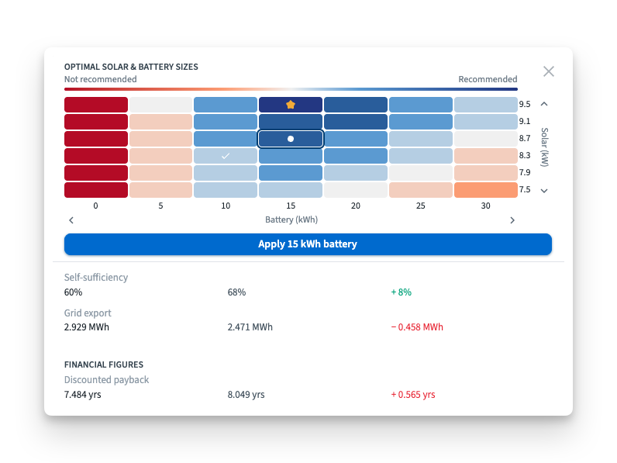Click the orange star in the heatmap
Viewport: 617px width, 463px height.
click(291, 104)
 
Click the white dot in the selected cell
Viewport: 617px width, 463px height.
click(291, 139)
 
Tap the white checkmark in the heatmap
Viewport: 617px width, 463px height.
click(226, 156)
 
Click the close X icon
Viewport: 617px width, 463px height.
click(549, 71)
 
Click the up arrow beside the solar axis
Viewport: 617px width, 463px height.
click(544, 104)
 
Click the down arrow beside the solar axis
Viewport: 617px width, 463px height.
click(544, 191)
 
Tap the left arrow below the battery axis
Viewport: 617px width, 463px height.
click(71, 220)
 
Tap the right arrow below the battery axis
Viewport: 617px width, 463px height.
click(512, 220)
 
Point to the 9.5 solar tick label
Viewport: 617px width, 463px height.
click(525, 105)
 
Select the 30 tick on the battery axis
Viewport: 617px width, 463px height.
click(486, 206)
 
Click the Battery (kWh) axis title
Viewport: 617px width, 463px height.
click(291, 219)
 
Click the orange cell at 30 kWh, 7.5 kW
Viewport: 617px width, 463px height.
click(486, 190)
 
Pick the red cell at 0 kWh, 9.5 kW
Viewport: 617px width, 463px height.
click(96, 105)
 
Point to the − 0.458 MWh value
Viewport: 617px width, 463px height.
click(417, 327)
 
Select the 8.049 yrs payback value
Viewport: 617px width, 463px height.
click(246, 395)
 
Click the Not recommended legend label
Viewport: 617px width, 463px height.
click(101, 79)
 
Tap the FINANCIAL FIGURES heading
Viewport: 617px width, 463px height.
click(104, 365)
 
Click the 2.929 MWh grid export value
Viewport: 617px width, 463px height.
click(87, 327)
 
